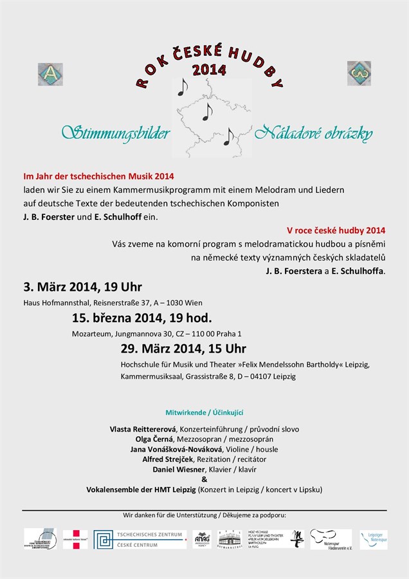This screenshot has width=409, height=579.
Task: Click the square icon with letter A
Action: click(50, 74)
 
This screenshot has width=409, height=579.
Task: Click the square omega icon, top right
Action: click(359, 73)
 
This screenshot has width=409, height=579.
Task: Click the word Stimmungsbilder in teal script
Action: click(116, 133)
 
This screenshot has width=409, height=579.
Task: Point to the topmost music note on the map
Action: click(182, 86)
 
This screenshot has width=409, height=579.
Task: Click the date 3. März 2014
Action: click(60, 287)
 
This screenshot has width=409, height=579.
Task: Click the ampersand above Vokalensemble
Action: click(204, 479)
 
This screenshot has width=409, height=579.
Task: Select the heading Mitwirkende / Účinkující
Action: click(204, 412)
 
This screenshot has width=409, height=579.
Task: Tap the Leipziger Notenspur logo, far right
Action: click(374, 539)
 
